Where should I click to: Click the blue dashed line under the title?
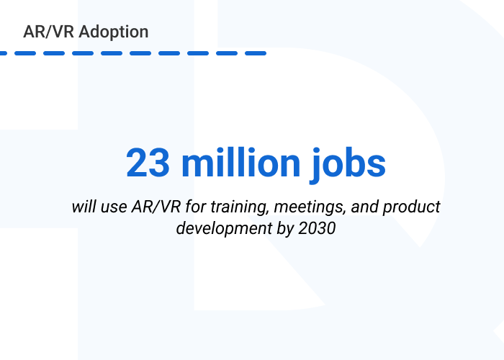coord(133,53)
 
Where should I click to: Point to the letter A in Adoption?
coord(84,32)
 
